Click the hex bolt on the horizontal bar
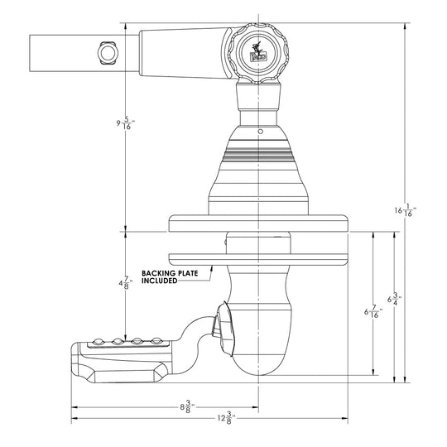pos(106,52)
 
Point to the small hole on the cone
pos(260,132)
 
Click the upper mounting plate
pos(258,223)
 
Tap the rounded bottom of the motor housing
pos(259,360)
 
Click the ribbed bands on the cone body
pos(259,156)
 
